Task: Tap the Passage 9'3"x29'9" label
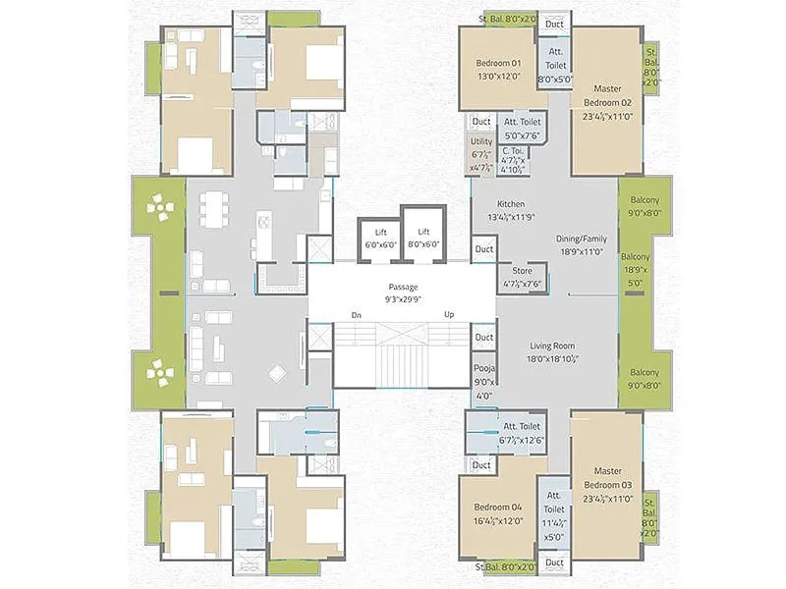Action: click(x=402, y=293)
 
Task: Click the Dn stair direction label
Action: click(x=355, y=315)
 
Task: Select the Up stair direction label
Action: click(x=449, y=315)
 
